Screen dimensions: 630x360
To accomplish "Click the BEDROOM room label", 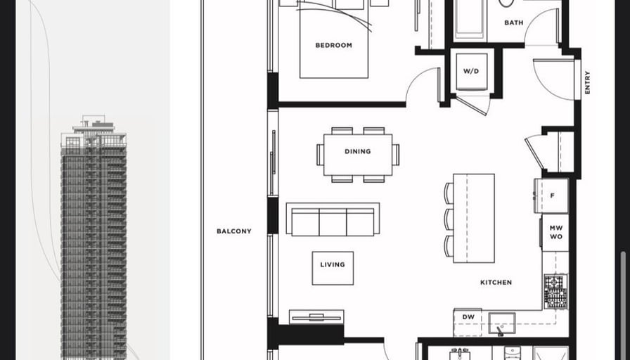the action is pos(333,46).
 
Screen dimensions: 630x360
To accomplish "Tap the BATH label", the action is pos(514,23).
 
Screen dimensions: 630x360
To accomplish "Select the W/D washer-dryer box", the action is pos(472,72).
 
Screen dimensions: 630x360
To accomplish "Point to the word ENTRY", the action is pos(587,82).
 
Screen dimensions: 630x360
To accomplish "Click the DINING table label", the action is pos(358,151).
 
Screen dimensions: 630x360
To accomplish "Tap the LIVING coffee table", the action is pos(333,268).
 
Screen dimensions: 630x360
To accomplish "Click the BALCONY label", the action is pos(234,231).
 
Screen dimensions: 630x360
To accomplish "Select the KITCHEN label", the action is pos(496,283).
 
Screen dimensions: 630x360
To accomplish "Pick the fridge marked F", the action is pos(552,195).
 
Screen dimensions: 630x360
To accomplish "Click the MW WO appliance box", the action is pos(555,233).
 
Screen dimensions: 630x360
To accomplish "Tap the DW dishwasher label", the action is pos(468,317).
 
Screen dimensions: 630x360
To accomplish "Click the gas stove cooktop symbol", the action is pos(555,291).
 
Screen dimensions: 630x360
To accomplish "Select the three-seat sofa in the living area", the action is pos(333,219).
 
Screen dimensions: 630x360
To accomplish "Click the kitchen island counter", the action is pos(474,218).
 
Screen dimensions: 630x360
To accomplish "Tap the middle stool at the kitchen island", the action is pos(449,219).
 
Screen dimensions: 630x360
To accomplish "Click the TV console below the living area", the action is pos(316,317).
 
